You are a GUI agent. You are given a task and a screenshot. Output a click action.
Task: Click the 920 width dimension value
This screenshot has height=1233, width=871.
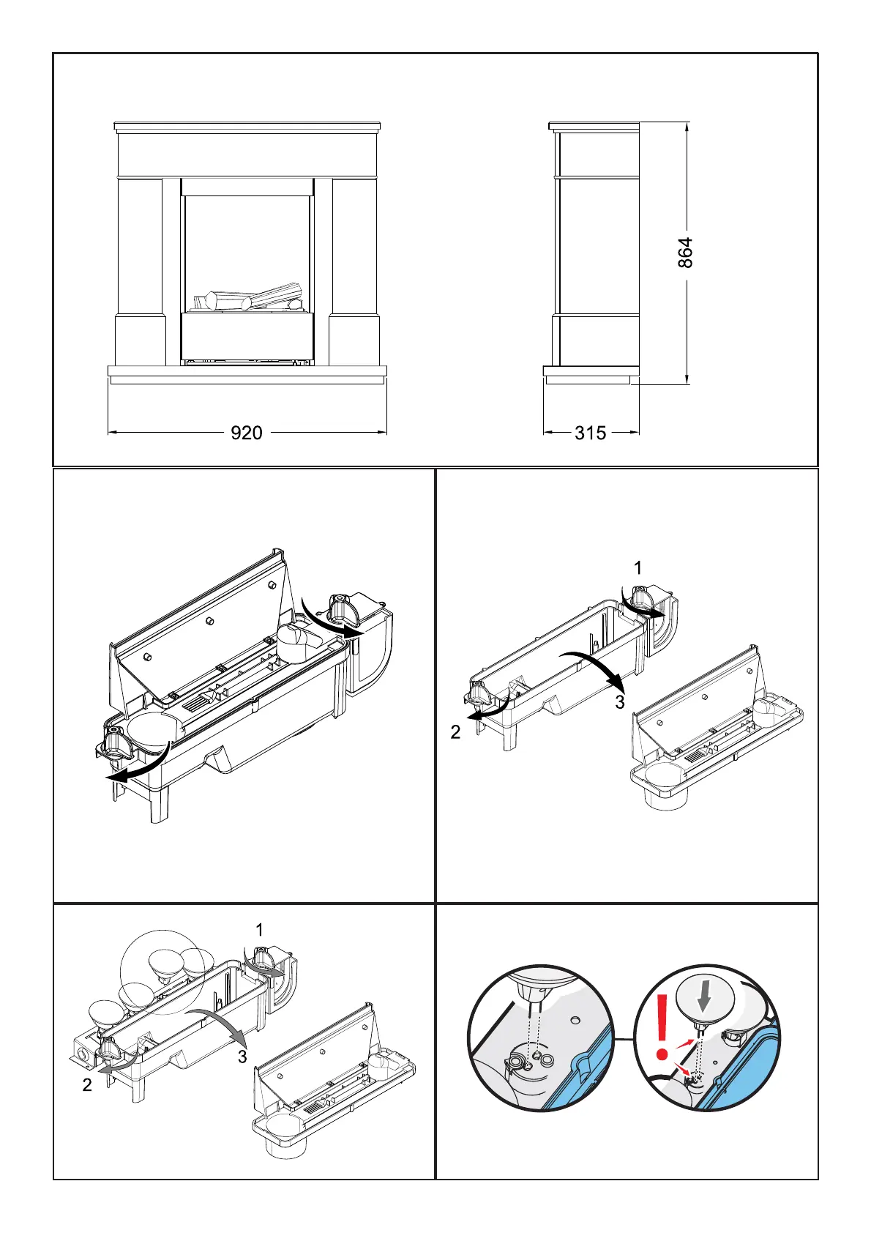click(x=247, y=433)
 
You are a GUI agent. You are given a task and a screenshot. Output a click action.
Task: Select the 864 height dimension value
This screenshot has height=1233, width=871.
click(x=685, y=253)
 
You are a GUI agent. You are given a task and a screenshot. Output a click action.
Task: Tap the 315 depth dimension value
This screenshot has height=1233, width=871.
click(x=590, y=433)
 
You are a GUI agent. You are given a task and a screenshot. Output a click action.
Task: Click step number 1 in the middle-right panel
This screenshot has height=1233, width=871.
click(x=638, y=567)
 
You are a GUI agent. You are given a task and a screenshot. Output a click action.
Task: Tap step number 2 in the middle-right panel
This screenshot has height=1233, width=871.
click(x=455, y=732)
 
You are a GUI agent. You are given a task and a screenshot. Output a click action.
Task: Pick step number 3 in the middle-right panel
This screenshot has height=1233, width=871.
click(x=620, y=702)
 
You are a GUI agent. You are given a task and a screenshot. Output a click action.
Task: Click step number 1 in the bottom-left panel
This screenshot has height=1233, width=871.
click(x=259, y=930)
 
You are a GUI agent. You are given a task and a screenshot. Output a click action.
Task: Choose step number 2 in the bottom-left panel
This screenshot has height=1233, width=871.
click(x=87, y=1085)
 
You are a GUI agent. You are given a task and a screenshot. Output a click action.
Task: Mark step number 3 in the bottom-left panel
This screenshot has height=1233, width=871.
click(x=242, y=1057)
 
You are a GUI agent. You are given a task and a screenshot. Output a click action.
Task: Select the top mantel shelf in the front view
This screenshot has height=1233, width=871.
click(x=247, y=127)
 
